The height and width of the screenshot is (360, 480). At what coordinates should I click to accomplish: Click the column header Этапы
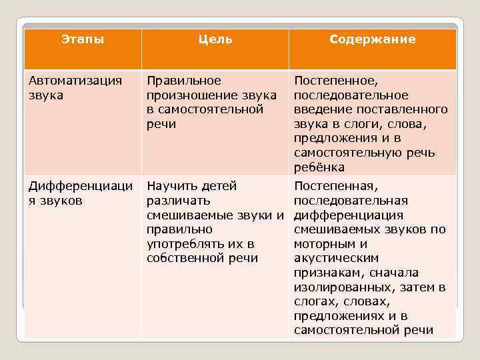tap(83, 39)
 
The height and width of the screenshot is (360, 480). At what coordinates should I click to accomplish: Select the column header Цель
tap(215, 39)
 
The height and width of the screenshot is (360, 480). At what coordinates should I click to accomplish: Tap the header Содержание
tap(372, 39)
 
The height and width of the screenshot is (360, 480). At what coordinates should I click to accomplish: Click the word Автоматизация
tap(75, 81)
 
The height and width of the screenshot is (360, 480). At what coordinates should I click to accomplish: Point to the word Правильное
tap(184, 81)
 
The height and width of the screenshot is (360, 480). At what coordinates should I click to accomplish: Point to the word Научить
tap(171, 186)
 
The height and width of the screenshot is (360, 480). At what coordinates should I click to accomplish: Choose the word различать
tap(178, 201)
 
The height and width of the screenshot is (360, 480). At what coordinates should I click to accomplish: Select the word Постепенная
tap(335, 186)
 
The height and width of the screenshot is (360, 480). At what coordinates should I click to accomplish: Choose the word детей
tap(220, 186)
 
